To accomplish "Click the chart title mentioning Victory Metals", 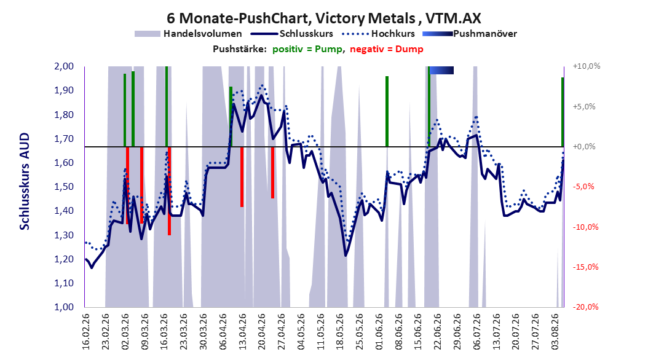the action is (324, 18).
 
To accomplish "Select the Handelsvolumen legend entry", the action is (189, 34).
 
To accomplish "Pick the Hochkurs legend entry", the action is (378, 34).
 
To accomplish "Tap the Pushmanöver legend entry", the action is (470, 34).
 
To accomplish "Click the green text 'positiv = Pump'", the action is (307, 49).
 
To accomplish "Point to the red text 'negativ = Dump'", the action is (387, 49).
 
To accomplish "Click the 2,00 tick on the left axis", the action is (64, 66).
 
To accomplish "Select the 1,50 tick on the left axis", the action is (64, 187).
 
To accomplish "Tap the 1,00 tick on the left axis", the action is (64, 307).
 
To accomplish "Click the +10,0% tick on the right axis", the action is (587, 66).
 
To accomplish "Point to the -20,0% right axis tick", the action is (585, 307).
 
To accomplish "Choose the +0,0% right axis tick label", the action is (584, 147).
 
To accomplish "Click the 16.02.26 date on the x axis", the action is (86, 332).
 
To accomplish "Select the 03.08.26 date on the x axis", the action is (555, 332).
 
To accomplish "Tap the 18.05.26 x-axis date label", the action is (340, 332).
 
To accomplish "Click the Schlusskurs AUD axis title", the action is (25, 181).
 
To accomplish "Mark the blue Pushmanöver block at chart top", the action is (441, 70).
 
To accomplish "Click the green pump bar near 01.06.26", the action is (387, 111).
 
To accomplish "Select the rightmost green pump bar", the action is (563, 112).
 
